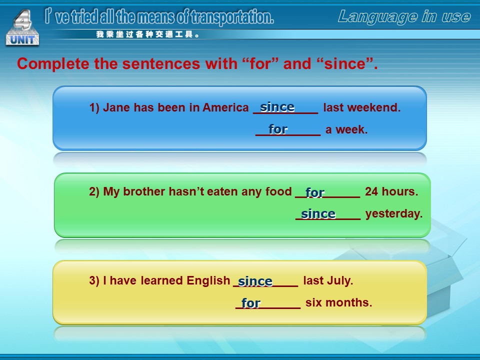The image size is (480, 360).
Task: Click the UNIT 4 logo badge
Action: [22, 28]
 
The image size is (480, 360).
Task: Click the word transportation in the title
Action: [232, 17]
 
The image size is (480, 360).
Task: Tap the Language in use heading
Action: [404, 16]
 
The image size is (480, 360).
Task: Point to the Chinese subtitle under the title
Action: [148, 34]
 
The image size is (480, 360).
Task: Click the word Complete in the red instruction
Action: [53, 64]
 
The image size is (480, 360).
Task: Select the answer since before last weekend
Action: [277, 107]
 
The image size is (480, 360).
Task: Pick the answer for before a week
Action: [278, 129]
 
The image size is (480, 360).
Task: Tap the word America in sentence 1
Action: [225, 107]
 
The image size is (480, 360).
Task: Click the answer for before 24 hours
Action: [314, 192]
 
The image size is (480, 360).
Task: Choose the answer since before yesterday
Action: [318, 213]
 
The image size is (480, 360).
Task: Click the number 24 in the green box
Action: [371, 191]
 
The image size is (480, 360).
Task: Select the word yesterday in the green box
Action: [394, 213]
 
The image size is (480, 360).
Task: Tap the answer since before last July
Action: [255, 281]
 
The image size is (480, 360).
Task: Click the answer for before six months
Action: [250, 303]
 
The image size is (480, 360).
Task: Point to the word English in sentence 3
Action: [208, 280]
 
